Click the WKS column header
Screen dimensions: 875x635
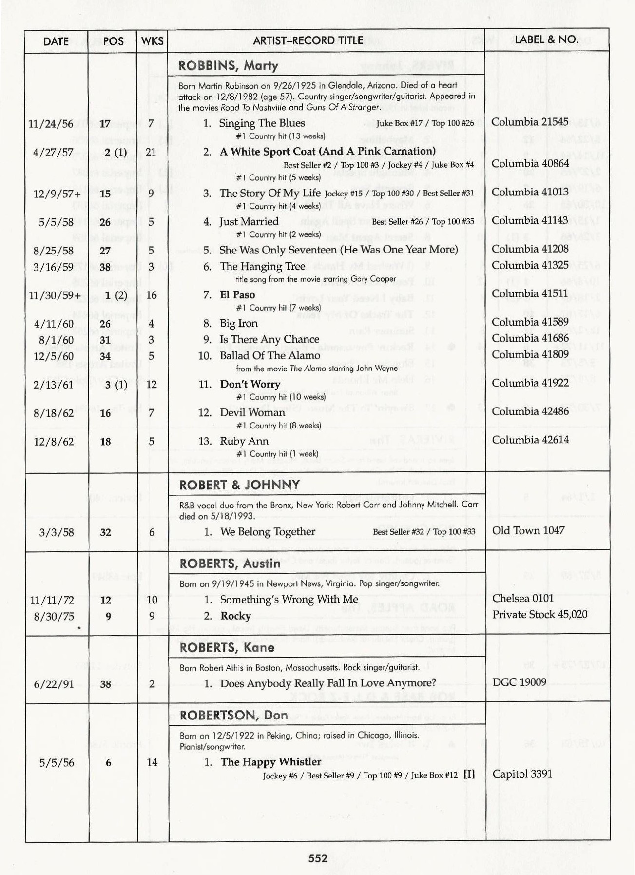point(152,41)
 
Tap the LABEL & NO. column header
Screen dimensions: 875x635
point(546,39)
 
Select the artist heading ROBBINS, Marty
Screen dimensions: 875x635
point(228,66)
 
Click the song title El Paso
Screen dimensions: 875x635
point(237,295)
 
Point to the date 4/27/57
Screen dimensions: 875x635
point(53,153)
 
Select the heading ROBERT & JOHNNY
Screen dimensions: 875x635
point(239,485)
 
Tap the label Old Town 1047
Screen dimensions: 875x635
point(528,530)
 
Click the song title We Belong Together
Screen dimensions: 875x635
point(268,532)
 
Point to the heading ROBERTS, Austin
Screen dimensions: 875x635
point(230,564)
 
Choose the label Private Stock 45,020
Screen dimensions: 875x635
point(539,614)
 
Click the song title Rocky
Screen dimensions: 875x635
point(235,616)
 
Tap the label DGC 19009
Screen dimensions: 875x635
point(519,682)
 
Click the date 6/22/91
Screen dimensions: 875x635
point(54,684)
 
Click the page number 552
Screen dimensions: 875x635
point(318,858)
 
